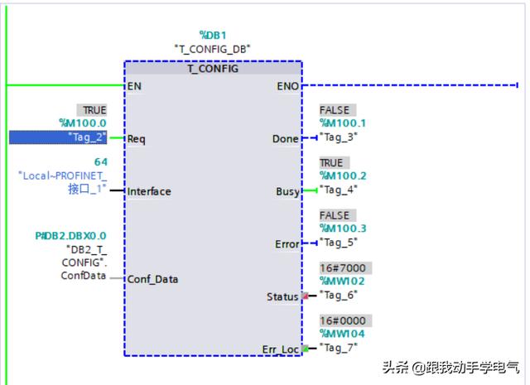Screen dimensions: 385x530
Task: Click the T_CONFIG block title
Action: coord(213,69)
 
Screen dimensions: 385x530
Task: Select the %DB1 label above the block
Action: coord(212,35)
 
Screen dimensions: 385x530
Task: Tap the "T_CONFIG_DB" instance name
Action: coord(213,49)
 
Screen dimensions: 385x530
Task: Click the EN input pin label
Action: coord(133,85)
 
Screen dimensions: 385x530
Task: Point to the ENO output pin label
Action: coord(289,85)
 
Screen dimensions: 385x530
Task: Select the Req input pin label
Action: coord(137,139)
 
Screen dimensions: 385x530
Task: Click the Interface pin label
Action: coord(150,191)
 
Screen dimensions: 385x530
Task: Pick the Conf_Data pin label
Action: coord(153,279)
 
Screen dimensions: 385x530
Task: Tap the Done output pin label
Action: coord(285,139)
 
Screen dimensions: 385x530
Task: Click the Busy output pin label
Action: coord(287,191)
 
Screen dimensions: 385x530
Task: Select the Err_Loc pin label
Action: coord(281,349)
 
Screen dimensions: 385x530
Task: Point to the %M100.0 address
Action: coord(83,123)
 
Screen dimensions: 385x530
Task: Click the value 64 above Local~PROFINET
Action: coord(100,161)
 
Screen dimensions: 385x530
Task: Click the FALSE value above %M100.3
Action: coord(335,215)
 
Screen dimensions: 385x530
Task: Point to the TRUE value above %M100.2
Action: coord(331,163)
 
